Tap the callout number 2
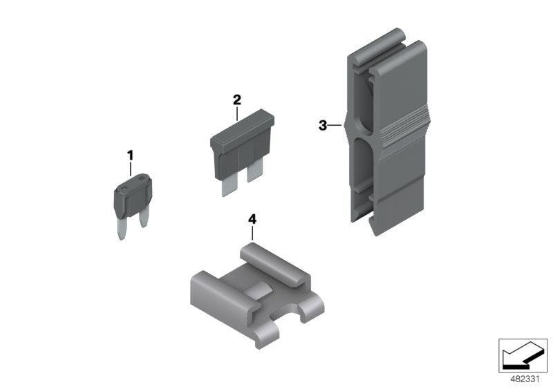tap(236, 100)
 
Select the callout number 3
tap(322, 125)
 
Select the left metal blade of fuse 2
tap(227, 185)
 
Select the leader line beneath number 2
tap(236, 113)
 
